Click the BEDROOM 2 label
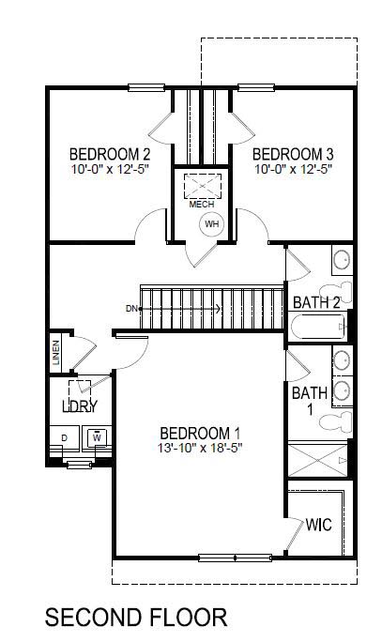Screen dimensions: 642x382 (x=110, y=153)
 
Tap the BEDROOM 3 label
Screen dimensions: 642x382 (x=293, y=153)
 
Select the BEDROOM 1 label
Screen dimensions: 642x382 (x=200, y=433)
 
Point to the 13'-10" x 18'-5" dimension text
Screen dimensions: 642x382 (x=200, y=448)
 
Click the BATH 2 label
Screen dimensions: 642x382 (x=315, y=302)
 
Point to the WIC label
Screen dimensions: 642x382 (x=319, y=526)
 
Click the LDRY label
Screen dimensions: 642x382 (x=80, y=406)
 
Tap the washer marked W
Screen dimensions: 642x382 (x=97, y=437)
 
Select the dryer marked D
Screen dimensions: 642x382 (x=65, y=438)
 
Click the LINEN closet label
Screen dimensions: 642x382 (x=57, y=355)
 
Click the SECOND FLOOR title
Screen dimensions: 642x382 (x=136, y=617)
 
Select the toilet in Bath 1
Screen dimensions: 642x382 (x=337, y=420)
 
